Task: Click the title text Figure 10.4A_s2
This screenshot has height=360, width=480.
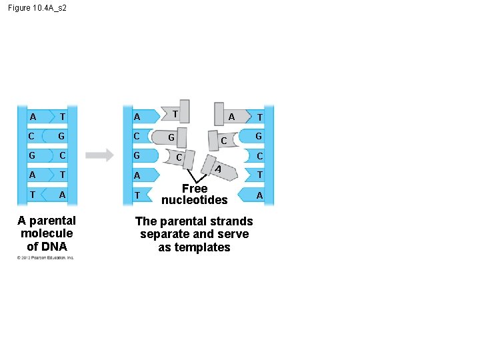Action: coord(38,8)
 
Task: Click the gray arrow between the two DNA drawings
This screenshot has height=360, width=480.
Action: coord(100,155)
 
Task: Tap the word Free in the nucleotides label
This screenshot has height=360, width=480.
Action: coord(194,189)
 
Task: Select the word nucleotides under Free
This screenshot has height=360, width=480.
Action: coord(194,200)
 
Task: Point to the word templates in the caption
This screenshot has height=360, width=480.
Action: coord(194,247)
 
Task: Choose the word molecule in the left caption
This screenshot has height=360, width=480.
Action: coord(47,233)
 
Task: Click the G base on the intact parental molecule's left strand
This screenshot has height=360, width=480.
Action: coord(32,156)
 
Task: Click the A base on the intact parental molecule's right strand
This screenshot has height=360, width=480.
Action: coord(62,195)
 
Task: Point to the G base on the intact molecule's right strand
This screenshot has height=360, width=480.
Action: coord(62,137)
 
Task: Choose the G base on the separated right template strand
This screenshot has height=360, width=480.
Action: coord(259,137)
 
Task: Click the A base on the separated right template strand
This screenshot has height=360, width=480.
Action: coord(259,195)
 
